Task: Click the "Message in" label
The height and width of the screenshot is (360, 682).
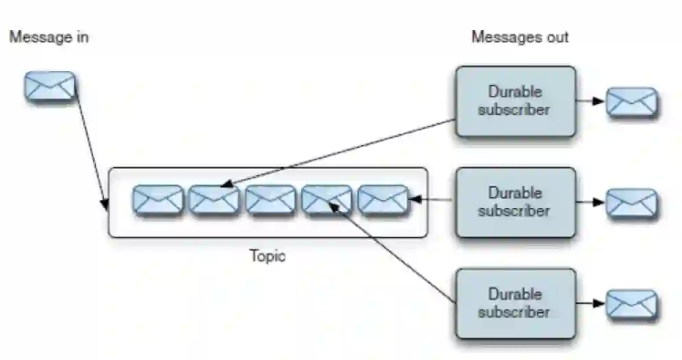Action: click(x=49, y=37)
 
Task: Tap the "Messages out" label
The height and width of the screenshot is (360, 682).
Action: click(x=520, y=37)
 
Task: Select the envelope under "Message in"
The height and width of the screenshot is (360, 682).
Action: click(x=50, y=87)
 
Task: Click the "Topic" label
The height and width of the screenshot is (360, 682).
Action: click(x=268, y=257)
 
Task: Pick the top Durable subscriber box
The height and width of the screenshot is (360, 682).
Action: click(x=515, y=101)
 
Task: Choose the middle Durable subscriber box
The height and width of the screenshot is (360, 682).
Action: click(x=515, y=202)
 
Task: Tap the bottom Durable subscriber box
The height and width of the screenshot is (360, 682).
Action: click(x=515, y=303)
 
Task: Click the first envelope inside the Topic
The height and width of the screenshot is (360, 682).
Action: click(x=158, y=200)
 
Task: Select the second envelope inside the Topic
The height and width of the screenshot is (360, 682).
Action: click(x=214, y=200)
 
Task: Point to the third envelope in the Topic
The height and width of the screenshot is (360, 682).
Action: click(x=270, y=200)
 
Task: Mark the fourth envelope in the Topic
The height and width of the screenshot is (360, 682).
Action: click(x=327, y=200)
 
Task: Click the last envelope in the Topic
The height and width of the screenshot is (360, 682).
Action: click(x=383, y=200)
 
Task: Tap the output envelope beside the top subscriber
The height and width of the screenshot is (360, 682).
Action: click(x=632, y=102)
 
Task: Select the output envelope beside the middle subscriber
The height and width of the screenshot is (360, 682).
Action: click(x=632, y=203)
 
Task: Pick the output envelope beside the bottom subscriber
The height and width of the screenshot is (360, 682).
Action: click(x=632, y=305)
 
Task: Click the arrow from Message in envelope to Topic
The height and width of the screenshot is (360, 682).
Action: click(x=90, y=147)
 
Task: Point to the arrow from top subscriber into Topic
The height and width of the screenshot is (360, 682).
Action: click(x=339, y=152)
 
